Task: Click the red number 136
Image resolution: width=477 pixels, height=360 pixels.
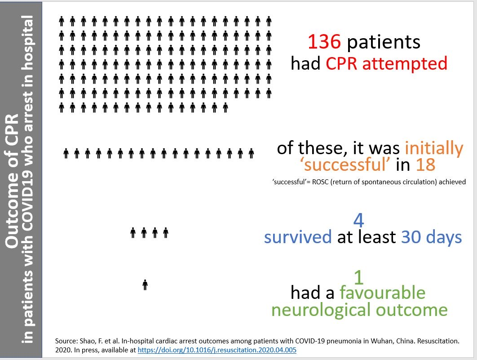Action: pyautogui.click(x=324, y=42)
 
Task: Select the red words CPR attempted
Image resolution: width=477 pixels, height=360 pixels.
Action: pyautogui.click(x=387, y=64)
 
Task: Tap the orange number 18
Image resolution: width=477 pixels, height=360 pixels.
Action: pyautogui.click(x=426, y=164)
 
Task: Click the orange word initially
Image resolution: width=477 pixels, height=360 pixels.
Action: pyautogui.click(x=434, y=148)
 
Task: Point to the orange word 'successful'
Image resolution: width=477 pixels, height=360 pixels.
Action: pyautogui.click(x=345, y=164)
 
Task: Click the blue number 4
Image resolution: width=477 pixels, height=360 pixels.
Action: pyautogui.click(x=359, y=220)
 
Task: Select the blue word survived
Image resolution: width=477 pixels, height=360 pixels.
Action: pyautogui.click(x=298, y=237)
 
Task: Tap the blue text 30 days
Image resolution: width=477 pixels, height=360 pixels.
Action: pyautogui.click(x=431, y=237)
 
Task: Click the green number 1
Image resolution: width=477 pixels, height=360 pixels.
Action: pyautogui.click(x=359, y=277)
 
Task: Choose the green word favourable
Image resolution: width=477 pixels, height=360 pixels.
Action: pyautogui.click(x=382, y=293)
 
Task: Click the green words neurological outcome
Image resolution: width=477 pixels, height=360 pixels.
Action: pyautogui.click(x=360, y=310)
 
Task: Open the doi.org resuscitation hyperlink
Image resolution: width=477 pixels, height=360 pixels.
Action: pyautogui.click(x=217, y=350)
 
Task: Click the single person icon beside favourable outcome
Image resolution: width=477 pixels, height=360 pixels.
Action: pyautogui.click(x=145, y=285)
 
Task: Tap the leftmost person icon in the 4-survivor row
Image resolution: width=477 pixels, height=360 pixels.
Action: pyautogui.click(x=133, y=232)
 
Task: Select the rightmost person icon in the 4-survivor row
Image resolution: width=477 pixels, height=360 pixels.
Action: pyautogui.click(x=166, y=232)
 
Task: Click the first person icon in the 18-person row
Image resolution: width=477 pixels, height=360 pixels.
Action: pyautogui.click(x=66, y=153)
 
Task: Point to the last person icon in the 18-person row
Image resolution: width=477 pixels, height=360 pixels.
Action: pyautogui.click(x=251, y=153)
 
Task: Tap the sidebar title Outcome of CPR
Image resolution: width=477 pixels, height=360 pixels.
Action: pyautogui.click(x=12, y=181)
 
